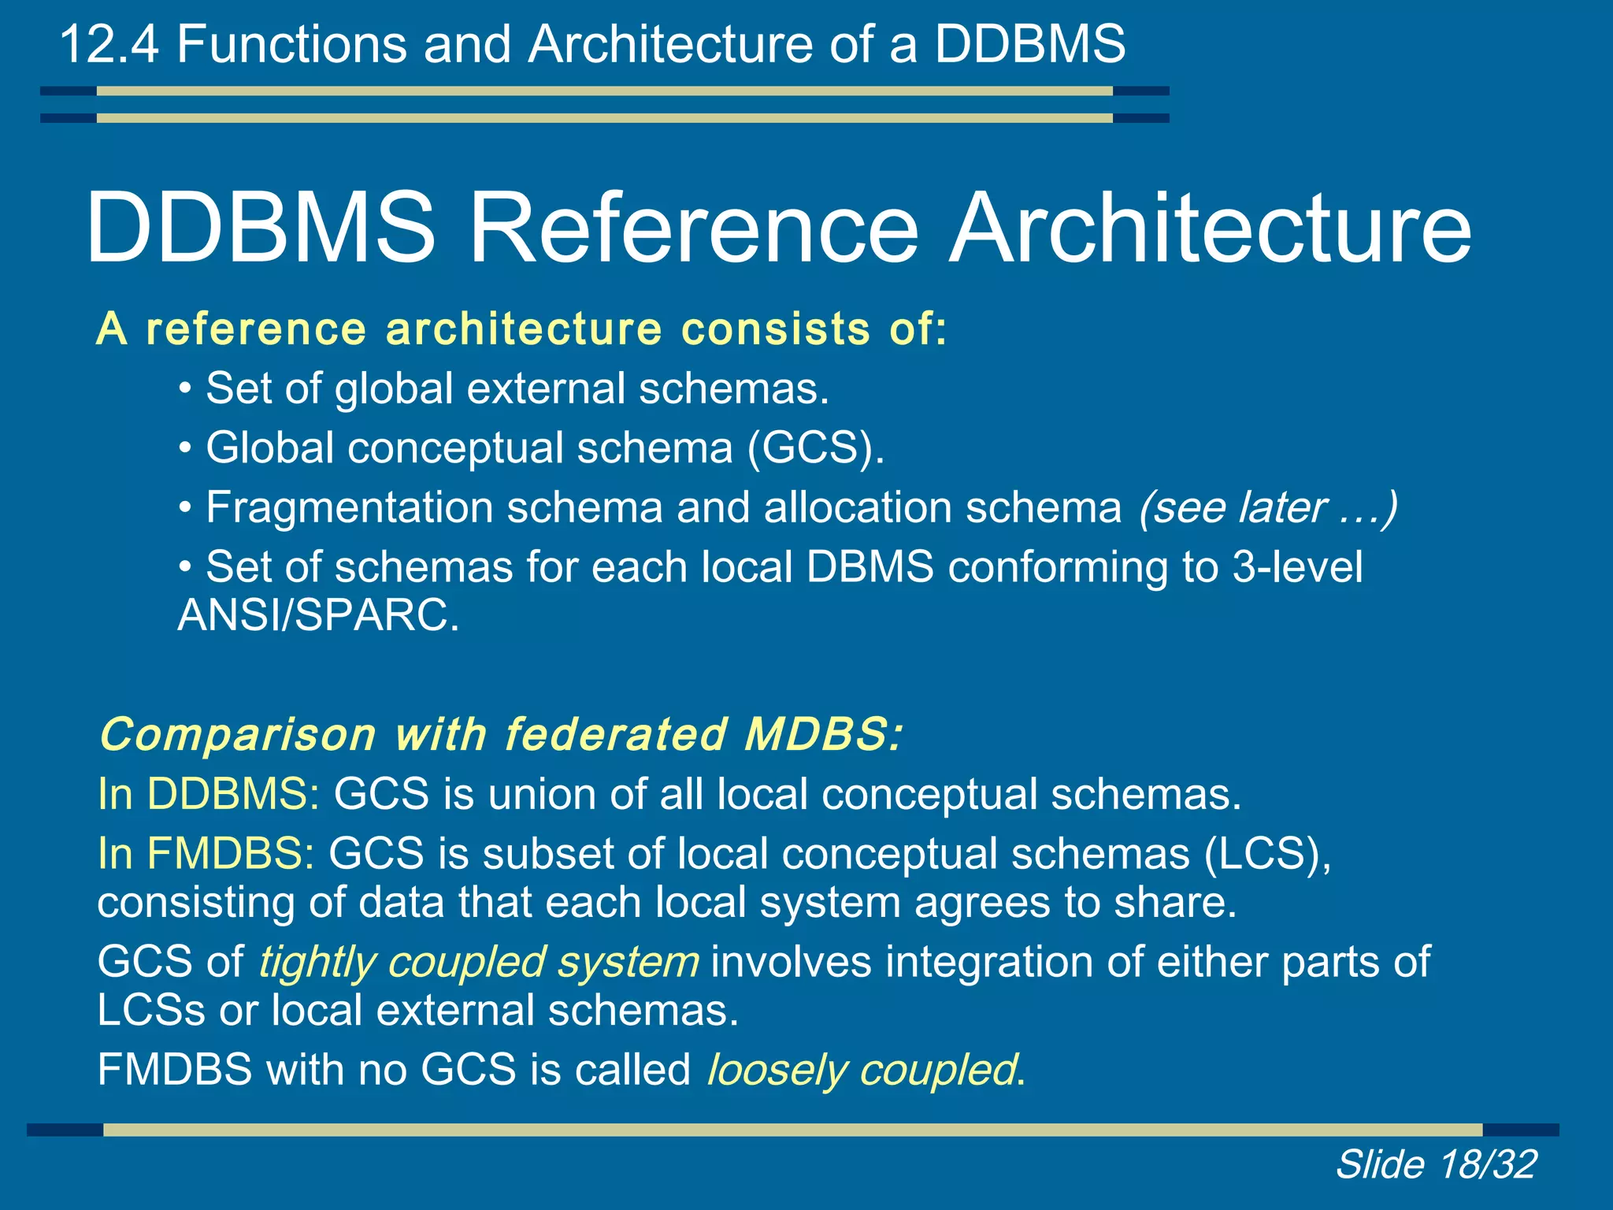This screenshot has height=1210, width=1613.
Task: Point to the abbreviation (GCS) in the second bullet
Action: pyautogui.click(x=815, y=448)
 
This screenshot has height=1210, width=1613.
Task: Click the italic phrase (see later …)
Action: pyautogui.click(x=1268, y=507)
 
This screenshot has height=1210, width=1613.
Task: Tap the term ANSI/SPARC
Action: pyautogui.click(x=317, y=615)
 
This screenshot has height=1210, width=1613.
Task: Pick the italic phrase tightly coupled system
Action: pyautogui.click(x=479, y=963)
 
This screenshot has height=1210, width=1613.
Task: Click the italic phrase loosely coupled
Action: pyautogui.click(x=862, y=1071)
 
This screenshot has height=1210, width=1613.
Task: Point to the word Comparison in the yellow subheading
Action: pyautogui.click(x=238, y=735)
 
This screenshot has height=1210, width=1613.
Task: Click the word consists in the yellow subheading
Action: pyautogui.click(x=776, y=329)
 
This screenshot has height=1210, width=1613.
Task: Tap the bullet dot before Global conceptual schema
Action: pyautogui.click(x=185, y=449)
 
